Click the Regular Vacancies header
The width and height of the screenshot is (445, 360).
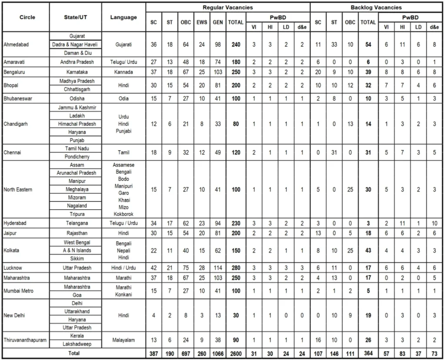pos(228,7)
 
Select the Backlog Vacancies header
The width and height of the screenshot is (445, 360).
pos(376,7)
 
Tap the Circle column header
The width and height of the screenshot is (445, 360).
pos(27,17)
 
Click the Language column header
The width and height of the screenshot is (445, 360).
pos(123,17)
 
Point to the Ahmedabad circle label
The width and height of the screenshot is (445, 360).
pos(17,44)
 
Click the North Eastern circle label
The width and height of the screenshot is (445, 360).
pos(18,190)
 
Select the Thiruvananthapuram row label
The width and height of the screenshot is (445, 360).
pos(25,340)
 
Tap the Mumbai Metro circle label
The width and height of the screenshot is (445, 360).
pos(19,291)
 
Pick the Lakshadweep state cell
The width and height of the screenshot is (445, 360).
pos(76,344)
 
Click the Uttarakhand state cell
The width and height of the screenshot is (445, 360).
pos(76,311)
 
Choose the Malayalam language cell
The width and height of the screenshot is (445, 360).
pos(123,340)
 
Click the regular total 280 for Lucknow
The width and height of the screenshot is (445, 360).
pos(236,268)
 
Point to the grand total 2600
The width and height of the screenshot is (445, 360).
pos(236,354)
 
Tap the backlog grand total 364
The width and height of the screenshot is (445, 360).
pos(368,354)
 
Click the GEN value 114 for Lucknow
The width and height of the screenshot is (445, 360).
pos(218,268)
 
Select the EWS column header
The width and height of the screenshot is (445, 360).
pos(202,22)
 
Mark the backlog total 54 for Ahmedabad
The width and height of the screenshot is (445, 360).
pos(368,44)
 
